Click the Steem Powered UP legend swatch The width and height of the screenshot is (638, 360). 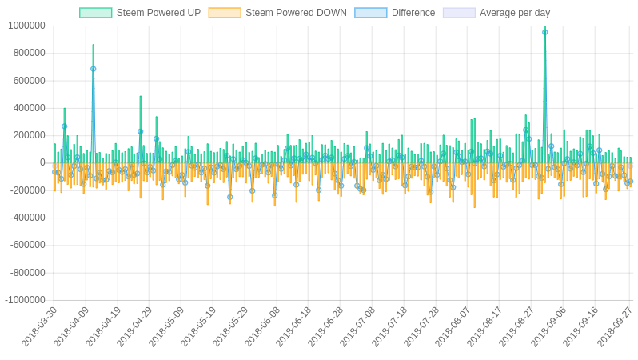coord(95,13)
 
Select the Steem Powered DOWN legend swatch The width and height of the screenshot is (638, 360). coord(224,13)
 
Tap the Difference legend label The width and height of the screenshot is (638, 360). coord(413,13)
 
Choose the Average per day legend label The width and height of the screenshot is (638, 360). coord(514,13)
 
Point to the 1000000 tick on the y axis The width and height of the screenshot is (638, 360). coord(26,26)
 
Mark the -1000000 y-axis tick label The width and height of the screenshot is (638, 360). coord(25,300)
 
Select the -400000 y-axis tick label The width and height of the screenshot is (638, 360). coord(27,218)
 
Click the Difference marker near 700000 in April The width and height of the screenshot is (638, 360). coord(93,69)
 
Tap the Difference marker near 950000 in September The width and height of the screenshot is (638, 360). coord(545,32)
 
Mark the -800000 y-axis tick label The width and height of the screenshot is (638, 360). coord(27,273)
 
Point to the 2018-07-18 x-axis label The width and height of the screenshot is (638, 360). coord(389,326)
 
